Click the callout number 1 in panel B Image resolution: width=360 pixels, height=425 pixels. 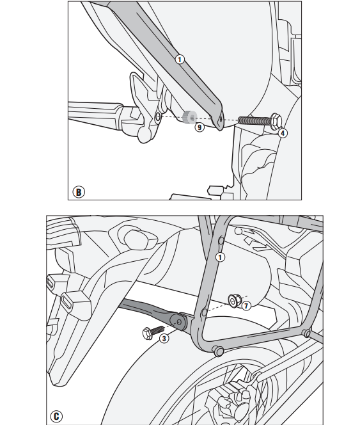click(x=180, y=60)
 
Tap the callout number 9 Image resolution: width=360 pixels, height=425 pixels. click(x=200, y=127)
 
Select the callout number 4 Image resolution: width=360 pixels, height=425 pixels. click(x=283, y=133)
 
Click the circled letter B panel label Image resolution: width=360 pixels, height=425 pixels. click(x=79, y=192)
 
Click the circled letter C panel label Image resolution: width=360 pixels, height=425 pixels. click(x=56, y=416)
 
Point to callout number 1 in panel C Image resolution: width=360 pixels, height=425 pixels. click(x=220, y=257)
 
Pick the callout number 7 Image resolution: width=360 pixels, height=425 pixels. click(x=246, y=306)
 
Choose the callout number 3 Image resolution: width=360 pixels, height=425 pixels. click(x=164, y=339)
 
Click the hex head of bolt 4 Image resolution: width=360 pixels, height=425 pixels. click(x=276, y=121)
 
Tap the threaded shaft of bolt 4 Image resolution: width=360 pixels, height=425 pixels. click(x=254, y=120)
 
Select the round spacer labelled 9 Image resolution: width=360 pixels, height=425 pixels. click(x=190, y=118)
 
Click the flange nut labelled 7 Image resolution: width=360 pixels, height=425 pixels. click(x=233, y=301)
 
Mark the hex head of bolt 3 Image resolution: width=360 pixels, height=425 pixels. click(x=147, y=333)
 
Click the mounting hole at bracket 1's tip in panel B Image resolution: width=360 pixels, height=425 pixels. click(x=221, y=118)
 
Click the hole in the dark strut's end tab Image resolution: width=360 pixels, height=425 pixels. click(x=179, y=322)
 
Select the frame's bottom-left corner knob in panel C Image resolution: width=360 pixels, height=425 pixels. click(x=218, y=351)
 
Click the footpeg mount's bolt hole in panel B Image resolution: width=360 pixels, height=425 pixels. click(x=158, y=117)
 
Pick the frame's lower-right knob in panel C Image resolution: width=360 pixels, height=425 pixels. click(x=307, y=333)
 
